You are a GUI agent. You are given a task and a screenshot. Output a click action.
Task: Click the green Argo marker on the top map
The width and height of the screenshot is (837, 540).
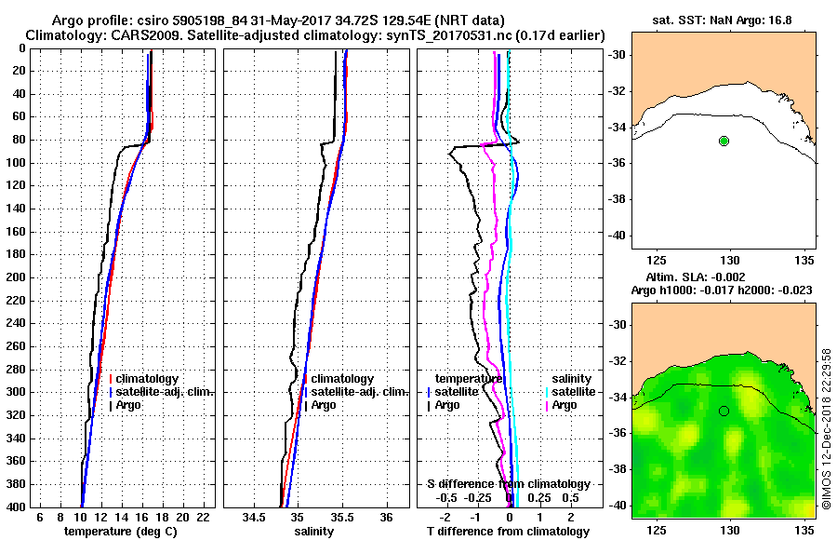pyautogui.click(x=724, y=141)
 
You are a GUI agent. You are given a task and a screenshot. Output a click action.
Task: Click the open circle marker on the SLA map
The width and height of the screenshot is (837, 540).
pyautogui.click(x=724, y=411)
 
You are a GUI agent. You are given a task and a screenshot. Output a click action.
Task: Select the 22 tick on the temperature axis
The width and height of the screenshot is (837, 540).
pyautogui.click(x=203, y=517)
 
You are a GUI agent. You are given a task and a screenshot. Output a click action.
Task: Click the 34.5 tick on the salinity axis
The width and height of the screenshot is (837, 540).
pyautogui.click(x=253, y=517)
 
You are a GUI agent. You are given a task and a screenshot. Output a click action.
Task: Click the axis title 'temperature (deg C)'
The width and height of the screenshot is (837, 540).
pyautogui.click(x=120, y=531)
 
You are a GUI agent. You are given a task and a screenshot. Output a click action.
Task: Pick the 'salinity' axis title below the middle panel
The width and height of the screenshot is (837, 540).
pyautogui.click(x=313, y=531)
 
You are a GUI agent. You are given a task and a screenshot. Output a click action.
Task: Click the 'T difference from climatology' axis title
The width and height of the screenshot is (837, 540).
pyautogui.click(x=508, y=531)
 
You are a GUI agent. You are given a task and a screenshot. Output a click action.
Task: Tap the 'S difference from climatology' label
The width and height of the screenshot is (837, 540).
pyautogui.click(x=508, y=484)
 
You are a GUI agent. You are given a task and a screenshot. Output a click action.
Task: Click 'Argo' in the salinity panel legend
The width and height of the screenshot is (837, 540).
pyautogui.click(x=325, y=405)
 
